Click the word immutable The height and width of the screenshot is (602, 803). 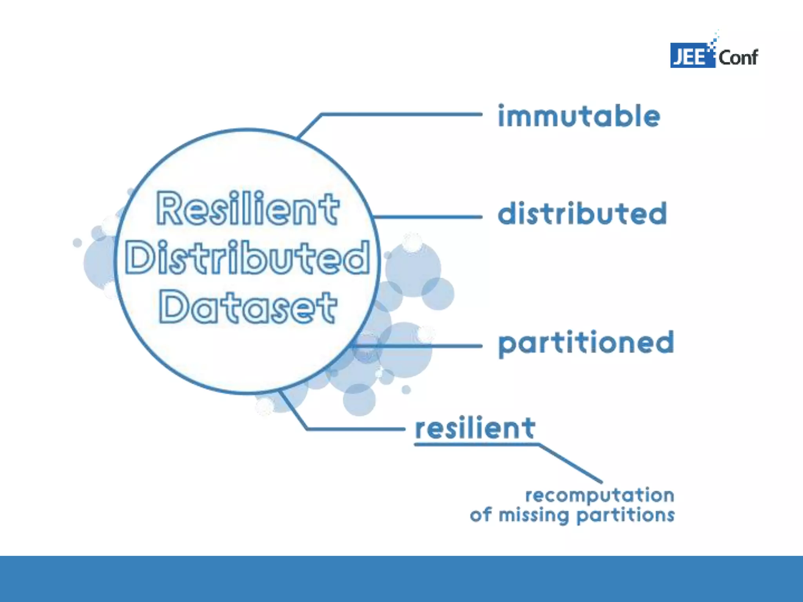pyautogui.click(x=579, y=116)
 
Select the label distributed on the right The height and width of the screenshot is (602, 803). pyautogui.click(x=582, y=214)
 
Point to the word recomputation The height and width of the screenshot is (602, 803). pyautogui.click(x=600, y=495)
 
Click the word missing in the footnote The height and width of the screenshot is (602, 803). pyautogui.click(x=533, y=515)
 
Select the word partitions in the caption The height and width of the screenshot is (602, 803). pyautogui.click(x=626, y=515)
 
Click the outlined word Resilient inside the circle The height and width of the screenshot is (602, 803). pyautogui.click(x=248, y=209)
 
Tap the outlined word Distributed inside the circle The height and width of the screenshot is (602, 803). pyautogui.click(x=247, y=257)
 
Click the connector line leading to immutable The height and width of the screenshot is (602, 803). pyautogui.click(x=400, y=114)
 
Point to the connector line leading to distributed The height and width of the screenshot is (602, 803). pyautogui.click(x=427, y=217)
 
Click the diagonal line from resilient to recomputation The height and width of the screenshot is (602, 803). pyautogui.click(x=570, y=463)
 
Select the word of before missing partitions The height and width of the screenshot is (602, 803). pyautogui.click(x=480, y=515)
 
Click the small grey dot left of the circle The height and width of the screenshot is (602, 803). pyautogui.click(x=77, y=243)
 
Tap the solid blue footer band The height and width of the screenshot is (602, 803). pyautogui.click(x=401, y=579)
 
